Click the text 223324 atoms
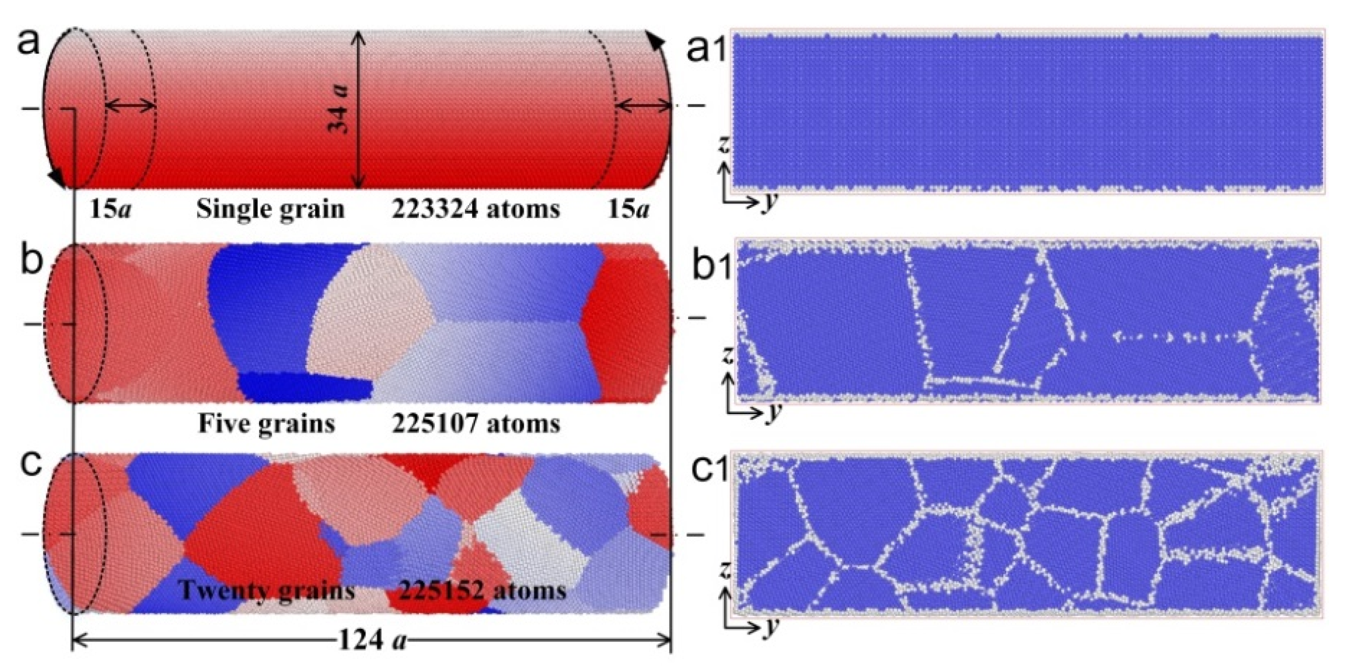point(475,209)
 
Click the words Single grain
point(270,209)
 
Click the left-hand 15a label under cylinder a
point(110,210)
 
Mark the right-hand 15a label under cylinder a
point(628,210)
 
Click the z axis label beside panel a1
point(725,144)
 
